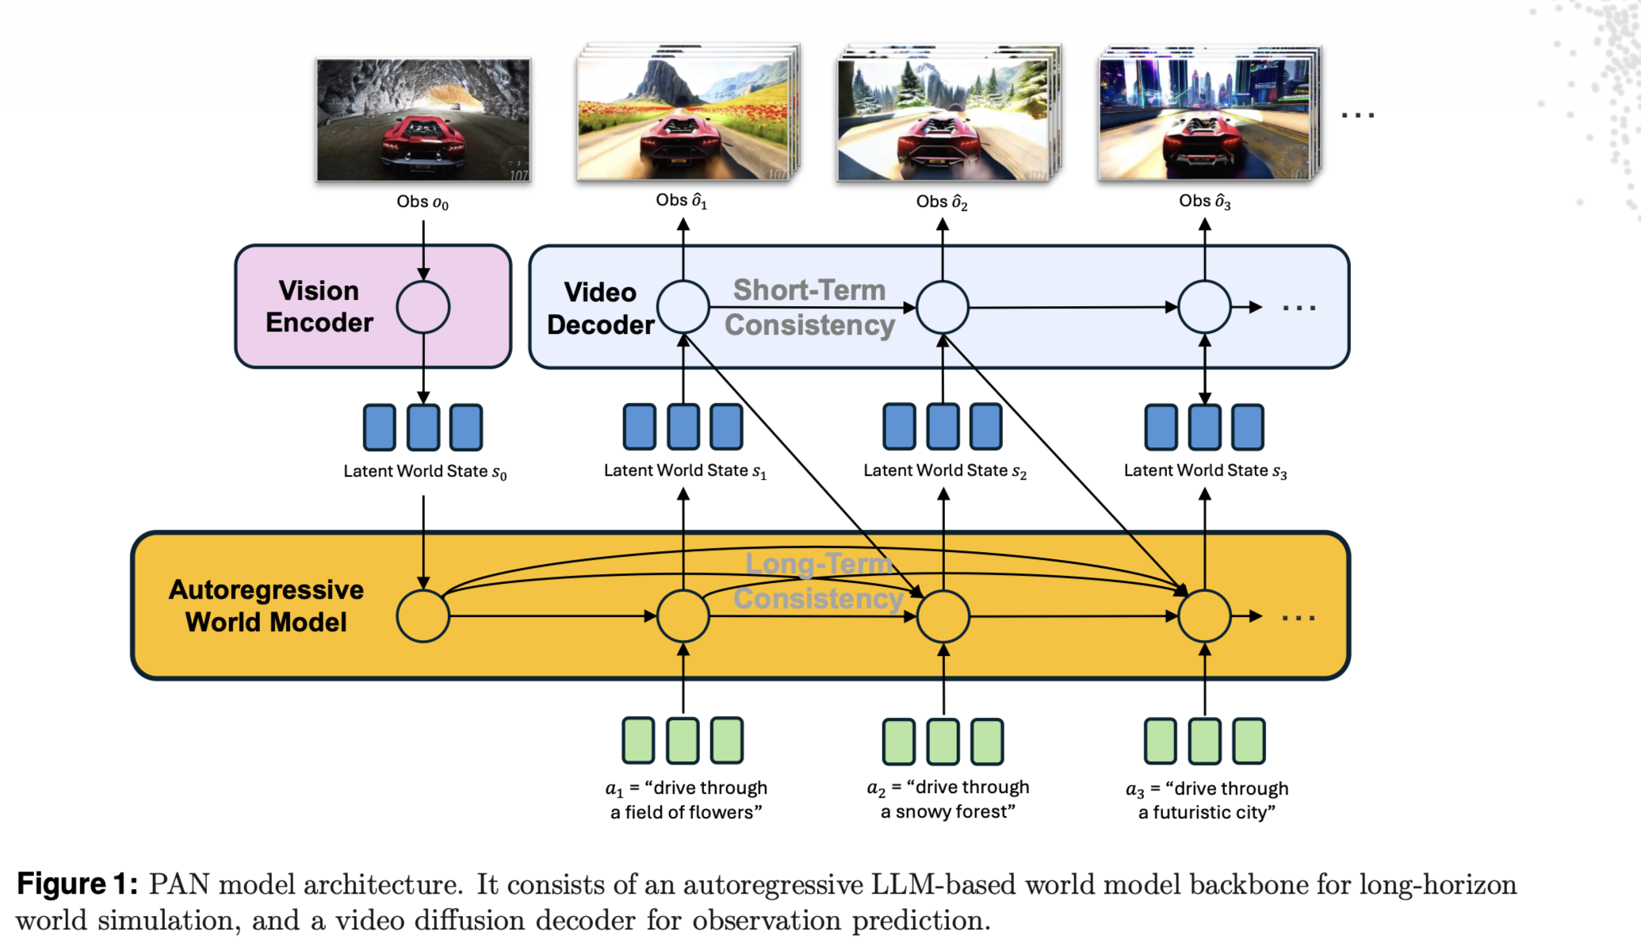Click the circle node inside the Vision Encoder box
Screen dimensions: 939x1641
(x=423, y=307)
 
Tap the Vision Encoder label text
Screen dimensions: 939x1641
(x=319, y=307)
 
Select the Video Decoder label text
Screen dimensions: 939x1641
(x=600, y=309)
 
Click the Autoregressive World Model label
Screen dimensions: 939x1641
(x=266, y=606)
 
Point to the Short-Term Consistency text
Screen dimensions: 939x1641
(x=809, y=308)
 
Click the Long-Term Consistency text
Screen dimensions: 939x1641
(x=819, y=581)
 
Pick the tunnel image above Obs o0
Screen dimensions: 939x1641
(x=423, y=120)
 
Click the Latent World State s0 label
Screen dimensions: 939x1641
(x=425, y=472)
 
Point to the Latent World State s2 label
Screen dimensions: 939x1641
(x=945, y=471)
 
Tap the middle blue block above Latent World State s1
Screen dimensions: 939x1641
(x=683, y=427)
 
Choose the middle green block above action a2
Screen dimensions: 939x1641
(x=943, y=742)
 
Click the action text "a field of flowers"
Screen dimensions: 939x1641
(x=687, y=812)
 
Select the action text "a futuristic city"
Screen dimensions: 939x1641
(x=1207, y=812)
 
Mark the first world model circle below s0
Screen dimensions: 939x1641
(x=423, y=616)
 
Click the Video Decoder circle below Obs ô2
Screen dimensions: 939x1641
(x=943, y=307)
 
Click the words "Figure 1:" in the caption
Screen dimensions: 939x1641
(x=77, y=884)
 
